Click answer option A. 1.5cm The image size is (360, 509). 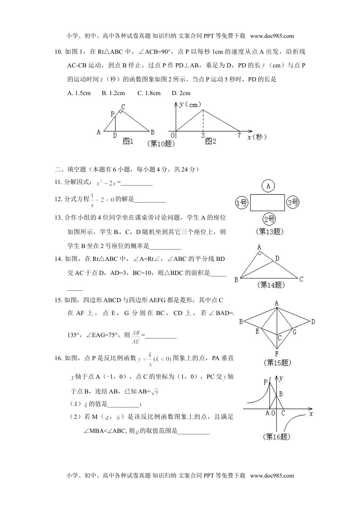click(79, 93)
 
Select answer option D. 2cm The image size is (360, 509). click(181, 93)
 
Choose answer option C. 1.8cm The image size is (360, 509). click(149, 93)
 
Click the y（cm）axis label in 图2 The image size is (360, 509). click(190, 105)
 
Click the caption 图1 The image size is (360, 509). click(128, 141)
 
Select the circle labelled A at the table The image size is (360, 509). click(268, 186)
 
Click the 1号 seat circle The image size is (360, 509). click(242, 203)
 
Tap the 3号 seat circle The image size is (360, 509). click(293, 202)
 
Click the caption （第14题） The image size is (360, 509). click(271, 285)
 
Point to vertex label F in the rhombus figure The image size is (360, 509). click(277, 354)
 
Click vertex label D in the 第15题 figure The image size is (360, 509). click(313, 322)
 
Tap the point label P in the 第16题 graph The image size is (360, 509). click(266, 382)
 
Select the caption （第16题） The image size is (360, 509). click(277, 437)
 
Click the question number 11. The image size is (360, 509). click(58, 182)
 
